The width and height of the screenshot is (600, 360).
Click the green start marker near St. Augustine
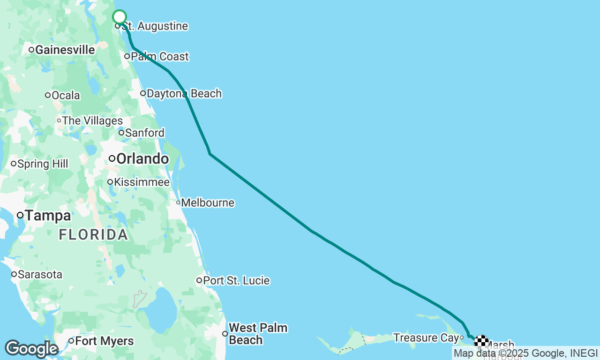[120, 17]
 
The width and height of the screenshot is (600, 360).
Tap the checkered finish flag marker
[481, 341]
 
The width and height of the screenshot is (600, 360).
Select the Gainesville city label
[65, 50]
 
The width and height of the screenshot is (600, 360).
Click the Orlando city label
[142, 159]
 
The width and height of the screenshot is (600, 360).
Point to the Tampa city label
[47, 216]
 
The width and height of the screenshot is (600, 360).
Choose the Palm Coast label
[159, 57]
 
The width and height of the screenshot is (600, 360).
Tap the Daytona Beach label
[184, 94]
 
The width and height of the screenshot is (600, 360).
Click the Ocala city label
[65, 96]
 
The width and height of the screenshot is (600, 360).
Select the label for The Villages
[92, 121]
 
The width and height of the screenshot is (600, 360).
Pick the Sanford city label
[144, 133]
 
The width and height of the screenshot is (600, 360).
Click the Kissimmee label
[142, 182]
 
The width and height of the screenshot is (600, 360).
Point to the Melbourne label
[207, 203]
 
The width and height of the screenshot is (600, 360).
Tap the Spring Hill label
[42, 164]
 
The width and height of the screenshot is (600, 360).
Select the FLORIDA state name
[93, 234]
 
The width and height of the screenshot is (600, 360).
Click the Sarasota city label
[39, 275]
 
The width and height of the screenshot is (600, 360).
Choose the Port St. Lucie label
[236, 281]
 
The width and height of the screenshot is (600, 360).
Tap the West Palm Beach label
[257, 334]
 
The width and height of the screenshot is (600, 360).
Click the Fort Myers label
[104, 341]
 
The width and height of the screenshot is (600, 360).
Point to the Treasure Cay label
[426, 337]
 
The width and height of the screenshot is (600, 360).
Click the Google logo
[31, 349]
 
